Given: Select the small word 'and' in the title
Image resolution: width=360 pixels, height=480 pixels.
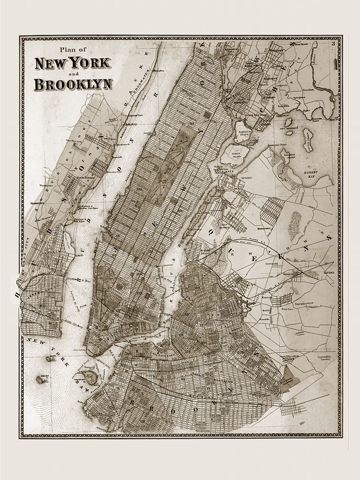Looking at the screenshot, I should [x=72, y=73].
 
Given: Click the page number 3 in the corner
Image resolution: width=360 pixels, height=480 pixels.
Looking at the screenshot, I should [x=333, y=45].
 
